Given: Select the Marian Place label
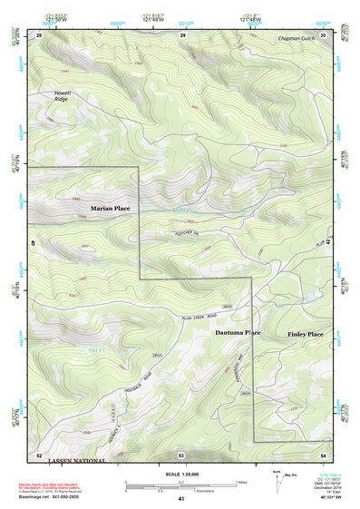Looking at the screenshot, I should click(110, 209).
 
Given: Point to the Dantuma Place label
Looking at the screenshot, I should click(238, 332).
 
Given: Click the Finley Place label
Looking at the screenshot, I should click(306, 335).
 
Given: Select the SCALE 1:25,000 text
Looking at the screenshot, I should click(180, 475).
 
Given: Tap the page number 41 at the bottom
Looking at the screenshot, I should click(180, 499).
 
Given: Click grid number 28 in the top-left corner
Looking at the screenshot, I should click(39, 34).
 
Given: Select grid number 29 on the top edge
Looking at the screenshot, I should click(182, 34).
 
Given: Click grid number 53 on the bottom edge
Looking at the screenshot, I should click(180, 454).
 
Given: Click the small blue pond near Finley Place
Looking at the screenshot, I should click(312, 297).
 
